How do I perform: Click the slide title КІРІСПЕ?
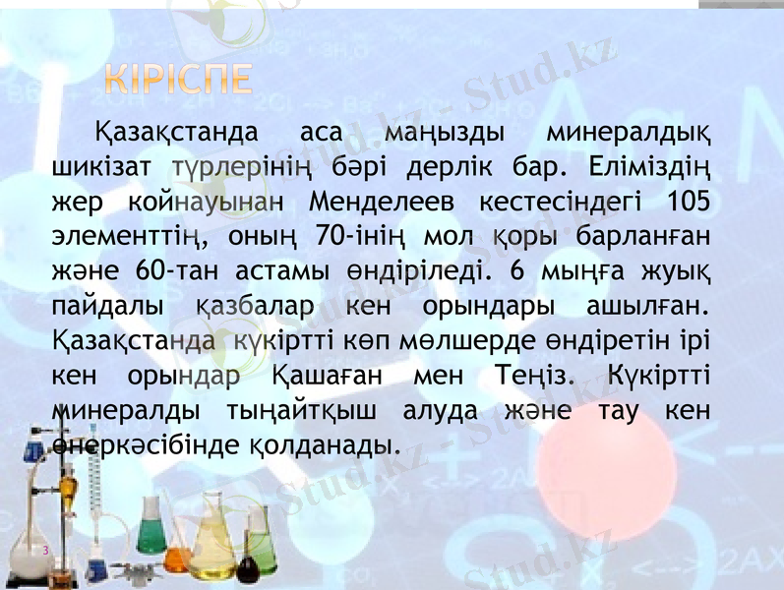tap(178, 80)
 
